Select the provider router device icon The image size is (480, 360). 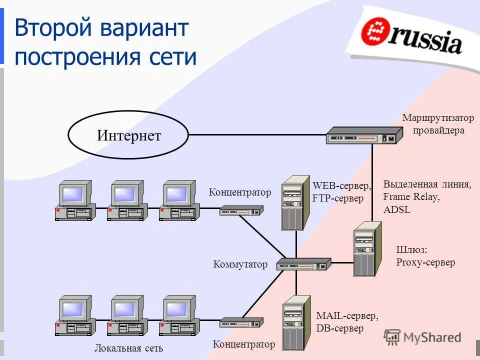tap(363, 135)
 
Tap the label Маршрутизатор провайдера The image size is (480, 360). tap(438, 124)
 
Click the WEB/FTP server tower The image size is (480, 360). tap(295, 202)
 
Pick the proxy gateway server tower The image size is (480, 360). tap(367, 249)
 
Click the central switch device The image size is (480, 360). tap(304, 264)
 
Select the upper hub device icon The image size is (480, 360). tap(241, 211)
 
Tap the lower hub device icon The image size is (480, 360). tap(241, 323)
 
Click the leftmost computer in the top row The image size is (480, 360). tap(75, 200)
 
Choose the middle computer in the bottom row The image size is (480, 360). tap(127, 315)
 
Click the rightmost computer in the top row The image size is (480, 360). tap(179, 200)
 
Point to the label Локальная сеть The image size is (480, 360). tap(128, 348)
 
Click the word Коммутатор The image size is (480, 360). tap(240, 264)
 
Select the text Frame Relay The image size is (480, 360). tap(411, 197)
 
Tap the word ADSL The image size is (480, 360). tap(397, 210)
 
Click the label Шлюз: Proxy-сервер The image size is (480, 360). tap(425, 256)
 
